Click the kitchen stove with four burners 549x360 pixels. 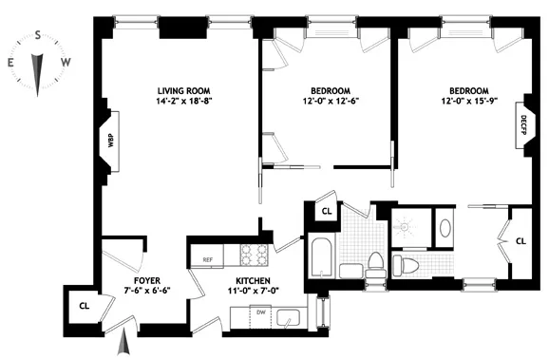click(x=254, y=253)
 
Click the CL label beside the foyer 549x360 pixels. click(x=84, y=306)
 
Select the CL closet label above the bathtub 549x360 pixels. click(x=326, y=212)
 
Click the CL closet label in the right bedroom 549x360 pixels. click(x=521, y=241)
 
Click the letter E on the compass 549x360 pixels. click(x=10, y=63)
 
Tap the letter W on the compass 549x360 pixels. click(x=65, y=63)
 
